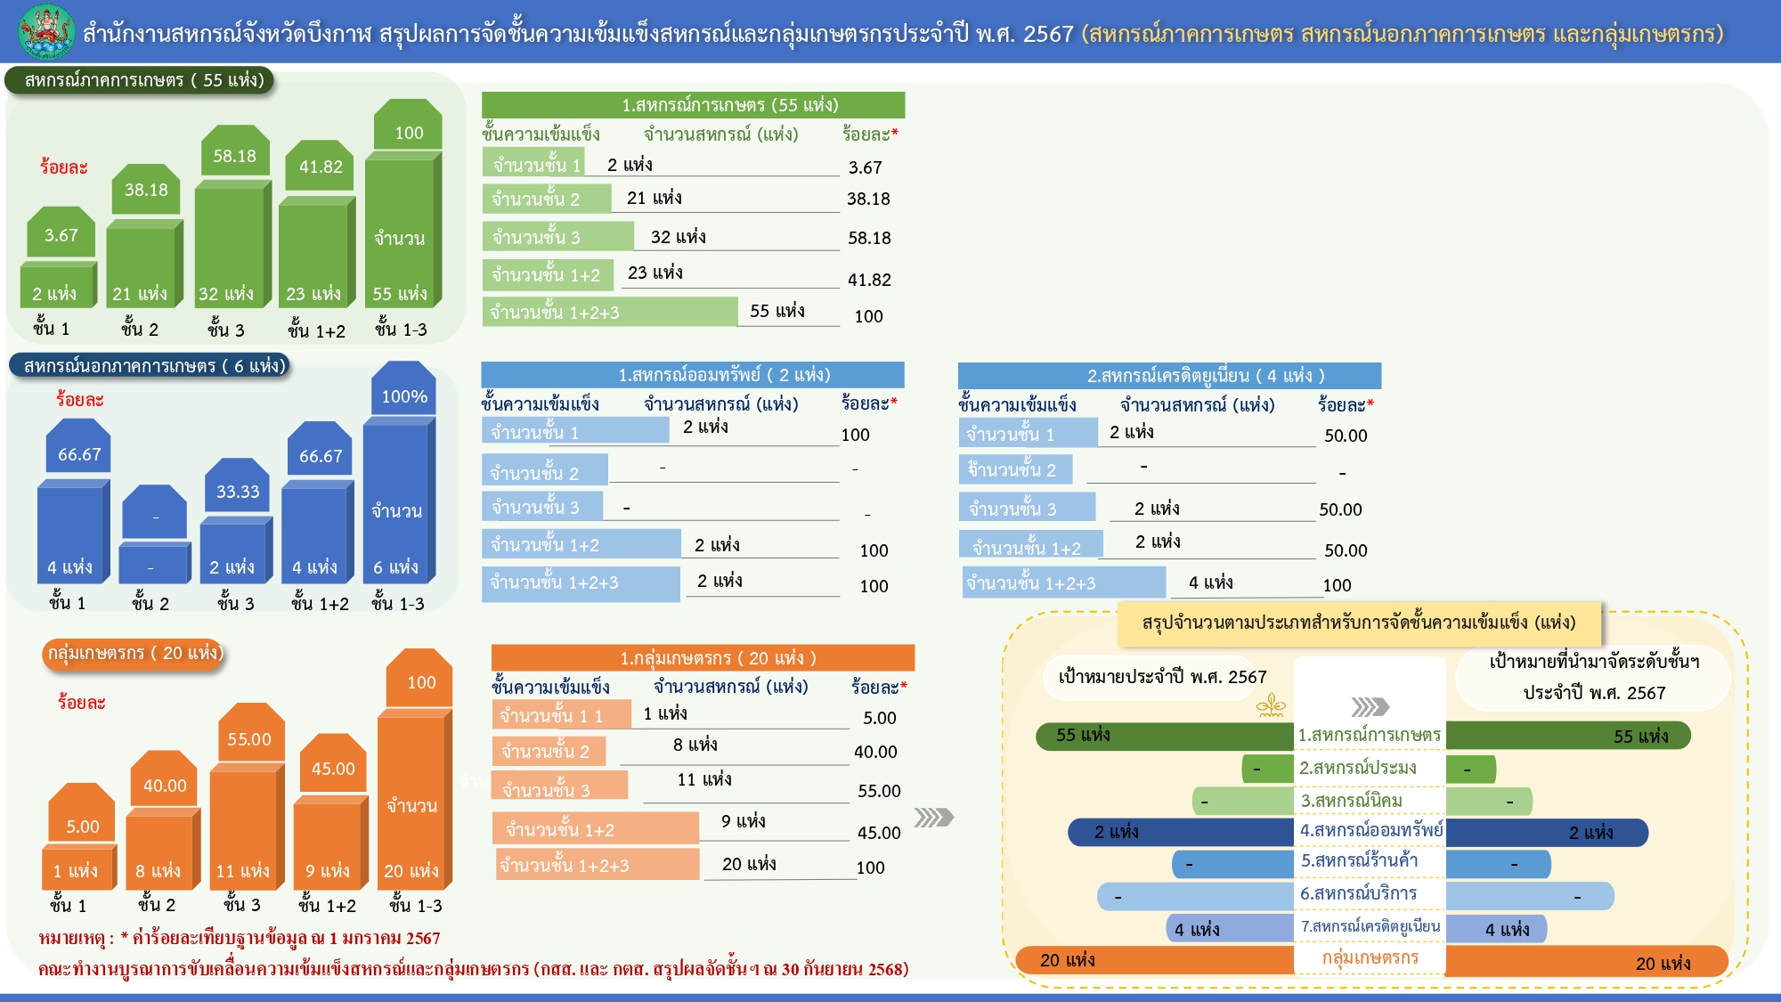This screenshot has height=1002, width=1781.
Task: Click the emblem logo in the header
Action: click(47, 31)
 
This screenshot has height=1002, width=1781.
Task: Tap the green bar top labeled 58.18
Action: click(234, 156)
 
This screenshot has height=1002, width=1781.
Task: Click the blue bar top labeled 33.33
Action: click(238, 492)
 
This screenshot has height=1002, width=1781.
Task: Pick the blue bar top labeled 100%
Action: click(404, 396)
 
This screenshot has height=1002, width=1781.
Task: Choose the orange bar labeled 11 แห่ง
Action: click(243, 870)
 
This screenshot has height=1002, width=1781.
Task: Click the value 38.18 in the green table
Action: click(868, 199)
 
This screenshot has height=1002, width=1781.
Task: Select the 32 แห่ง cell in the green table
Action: click(678, 237)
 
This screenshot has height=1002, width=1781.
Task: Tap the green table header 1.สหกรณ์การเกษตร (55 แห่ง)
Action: click(693, 105)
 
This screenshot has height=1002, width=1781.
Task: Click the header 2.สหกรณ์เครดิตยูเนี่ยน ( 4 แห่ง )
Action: click(1169, 376)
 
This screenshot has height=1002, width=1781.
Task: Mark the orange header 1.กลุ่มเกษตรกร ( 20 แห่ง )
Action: click(703, 658)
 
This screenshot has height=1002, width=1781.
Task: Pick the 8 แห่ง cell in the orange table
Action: click(695, 745)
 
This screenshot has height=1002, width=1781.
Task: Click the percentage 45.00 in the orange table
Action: click(879, 833)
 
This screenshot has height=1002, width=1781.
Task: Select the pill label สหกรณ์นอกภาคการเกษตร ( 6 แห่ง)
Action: click(149, 366)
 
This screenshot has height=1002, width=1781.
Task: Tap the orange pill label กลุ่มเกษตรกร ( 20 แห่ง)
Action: click(133, 653)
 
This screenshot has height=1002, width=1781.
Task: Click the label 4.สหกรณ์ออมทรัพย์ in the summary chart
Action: click(1370, 831)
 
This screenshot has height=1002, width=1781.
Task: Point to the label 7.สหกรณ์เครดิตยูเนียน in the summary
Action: click(1370, 927)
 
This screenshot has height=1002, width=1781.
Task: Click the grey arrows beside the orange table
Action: click(933, 818)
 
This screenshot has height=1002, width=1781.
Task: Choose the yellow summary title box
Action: click(1358, 623)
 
